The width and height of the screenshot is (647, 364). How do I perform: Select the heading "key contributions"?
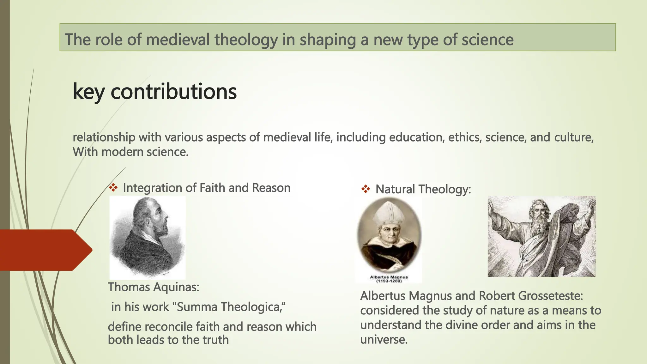(154, 92)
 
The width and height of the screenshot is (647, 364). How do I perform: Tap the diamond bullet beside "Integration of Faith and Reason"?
(113, 188)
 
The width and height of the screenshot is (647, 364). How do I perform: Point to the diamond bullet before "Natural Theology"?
(366, 189)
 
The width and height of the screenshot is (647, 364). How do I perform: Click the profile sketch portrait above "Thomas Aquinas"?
(147, 238)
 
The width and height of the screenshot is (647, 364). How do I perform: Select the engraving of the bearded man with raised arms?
(541, 236)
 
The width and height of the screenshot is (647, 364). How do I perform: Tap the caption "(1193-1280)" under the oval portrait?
(389, 281)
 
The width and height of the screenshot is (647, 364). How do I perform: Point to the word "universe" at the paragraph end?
(383, 340)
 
